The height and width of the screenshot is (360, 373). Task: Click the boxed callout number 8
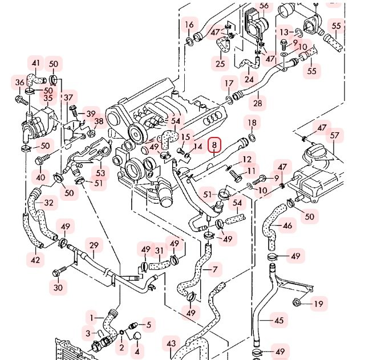[214, 145]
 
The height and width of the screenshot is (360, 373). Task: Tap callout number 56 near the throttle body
[264, 6]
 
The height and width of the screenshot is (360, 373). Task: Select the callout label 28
[258, 103]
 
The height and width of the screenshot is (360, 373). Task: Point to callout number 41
[36, 63]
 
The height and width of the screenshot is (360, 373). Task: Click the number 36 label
[20, 83]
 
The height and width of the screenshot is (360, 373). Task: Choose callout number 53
[100, 172]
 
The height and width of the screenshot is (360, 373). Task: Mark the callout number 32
[49, 203]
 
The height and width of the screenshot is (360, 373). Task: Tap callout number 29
[94, 245]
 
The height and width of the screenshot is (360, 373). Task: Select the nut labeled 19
[297, 302]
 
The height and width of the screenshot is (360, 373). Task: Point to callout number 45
[279, 320]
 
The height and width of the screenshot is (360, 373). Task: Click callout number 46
[287, 225]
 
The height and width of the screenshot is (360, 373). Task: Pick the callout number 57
[334, 135]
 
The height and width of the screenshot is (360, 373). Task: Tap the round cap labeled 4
[136, 335]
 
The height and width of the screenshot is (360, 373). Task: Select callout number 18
[252, 123]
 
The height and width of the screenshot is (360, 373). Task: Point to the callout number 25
[220, 63]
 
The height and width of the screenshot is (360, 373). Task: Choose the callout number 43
[171, 343]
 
